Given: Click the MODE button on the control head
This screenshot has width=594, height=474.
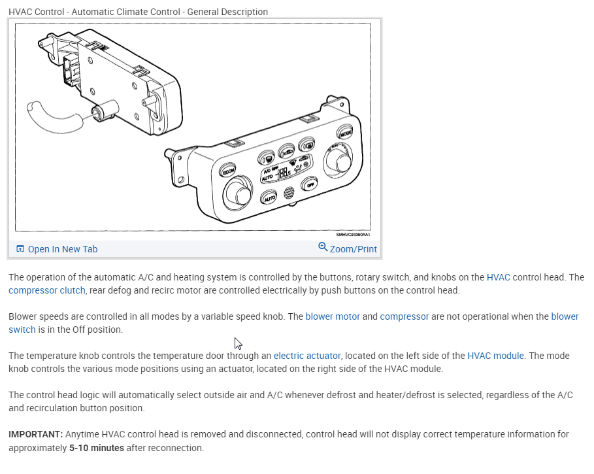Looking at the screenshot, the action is tap(345, 133).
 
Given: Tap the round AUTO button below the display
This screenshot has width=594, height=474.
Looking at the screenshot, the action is tap(269, 197).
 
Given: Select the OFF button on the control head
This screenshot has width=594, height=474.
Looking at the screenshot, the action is tap(310, 185).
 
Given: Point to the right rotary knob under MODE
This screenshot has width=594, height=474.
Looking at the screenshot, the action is tap(340, 160).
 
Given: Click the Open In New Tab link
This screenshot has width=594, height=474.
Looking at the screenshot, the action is tap(62, 249).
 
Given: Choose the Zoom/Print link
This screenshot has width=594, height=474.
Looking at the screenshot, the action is tap(353, 249).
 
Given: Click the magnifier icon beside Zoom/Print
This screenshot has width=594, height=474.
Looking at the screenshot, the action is tap(323, 247).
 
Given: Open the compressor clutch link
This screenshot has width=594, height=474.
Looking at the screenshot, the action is tap(47, 290).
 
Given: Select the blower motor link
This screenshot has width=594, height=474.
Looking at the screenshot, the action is tap(333, 316).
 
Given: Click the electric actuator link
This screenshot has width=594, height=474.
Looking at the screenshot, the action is tap(307, 356).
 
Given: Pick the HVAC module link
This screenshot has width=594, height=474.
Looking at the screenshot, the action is tap(495, 356).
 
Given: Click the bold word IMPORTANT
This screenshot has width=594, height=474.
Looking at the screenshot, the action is tap(36, 434).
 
